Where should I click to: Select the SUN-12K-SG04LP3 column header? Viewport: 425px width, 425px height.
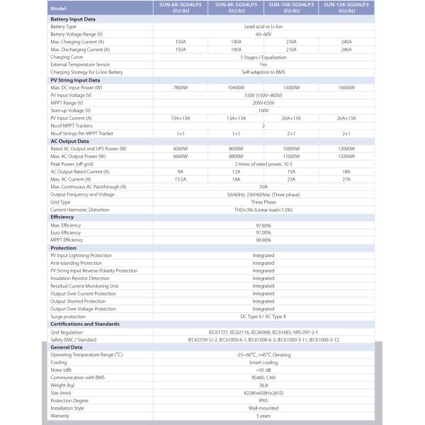pyautogui.click(x=346, y=8)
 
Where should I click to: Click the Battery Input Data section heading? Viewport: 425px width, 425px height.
pyautogui.click(x=74, y=19)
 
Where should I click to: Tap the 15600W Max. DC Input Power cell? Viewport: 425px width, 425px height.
pyautogui.click(x=346, y=87)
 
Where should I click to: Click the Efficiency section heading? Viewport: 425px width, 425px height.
pyautogui.click(x=62, y=217)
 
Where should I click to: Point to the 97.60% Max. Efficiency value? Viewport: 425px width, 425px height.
pyautogui.click(x=263, y=225)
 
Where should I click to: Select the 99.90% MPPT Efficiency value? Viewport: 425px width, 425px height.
pyautogui.click(x=263, y=240)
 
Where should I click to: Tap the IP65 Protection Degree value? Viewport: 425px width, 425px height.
pyautogui.click(x=263, y=400)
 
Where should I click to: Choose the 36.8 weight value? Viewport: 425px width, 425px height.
pyautogui.click(x=263, y=385)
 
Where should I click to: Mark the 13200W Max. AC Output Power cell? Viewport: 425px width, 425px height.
pyautogui.click(x=346, y=156)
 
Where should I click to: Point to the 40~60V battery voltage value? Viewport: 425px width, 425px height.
pyautogui.click(x=263, y=34)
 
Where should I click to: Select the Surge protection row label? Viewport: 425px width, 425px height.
pyautogui.click(x=69, y=317)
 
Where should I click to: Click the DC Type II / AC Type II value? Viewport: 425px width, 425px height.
pyautogui.click(x=263, y=317)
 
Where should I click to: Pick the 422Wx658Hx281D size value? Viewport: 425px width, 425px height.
pyautogui.click(x=263, y=392)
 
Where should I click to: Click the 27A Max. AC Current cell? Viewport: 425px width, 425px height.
pyautogui.click(x=346, y=178)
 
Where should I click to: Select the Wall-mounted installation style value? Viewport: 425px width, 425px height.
pyautogui.click(x=263, y=408)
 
